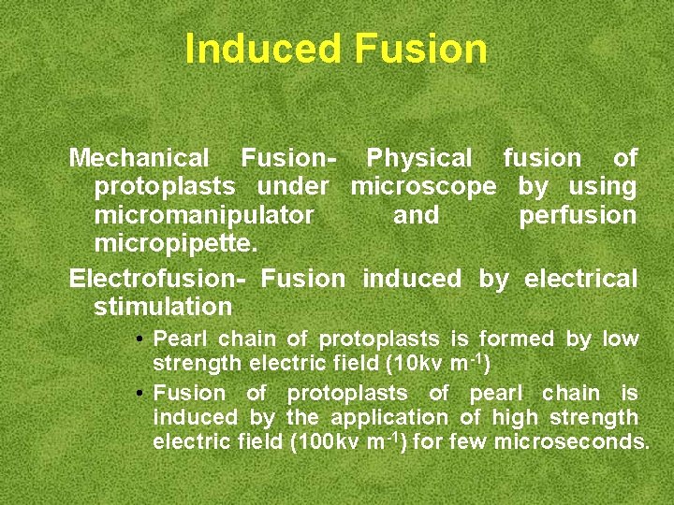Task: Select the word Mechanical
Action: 140,158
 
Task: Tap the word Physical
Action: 419,158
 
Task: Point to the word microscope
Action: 423,186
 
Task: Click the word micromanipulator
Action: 204,215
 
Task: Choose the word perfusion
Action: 578,215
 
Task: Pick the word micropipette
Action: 175,243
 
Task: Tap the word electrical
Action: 580,279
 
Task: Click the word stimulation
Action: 163,307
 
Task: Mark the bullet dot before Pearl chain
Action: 138,339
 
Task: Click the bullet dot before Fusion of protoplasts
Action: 138,394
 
